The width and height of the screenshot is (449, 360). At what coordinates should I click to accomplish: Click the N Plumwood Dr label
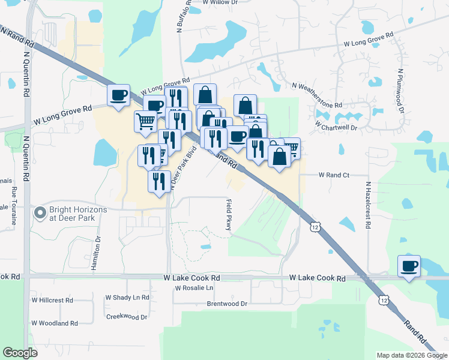pos(398,91)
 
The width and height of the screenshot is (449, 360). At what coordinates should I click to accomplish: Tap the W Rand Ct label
pos(333,175)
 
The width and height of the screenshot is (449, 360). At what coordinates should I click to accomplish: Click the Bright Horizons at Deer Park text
pos(79,214)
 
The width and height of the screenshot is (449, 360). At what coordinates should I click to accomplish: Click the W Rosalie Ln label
pos(194,288)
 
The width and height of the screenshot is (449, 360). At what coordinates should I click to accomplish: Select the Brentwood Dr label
pos(227,304)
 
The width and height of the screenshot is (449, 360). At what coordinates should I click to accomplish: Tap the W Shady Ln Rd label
pos(127,297)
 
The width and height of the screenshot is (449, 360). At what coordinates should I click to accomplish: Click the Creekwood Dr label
pos(126,316)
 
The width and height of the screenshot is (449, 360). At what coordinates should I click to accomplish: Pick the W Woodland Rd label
pos(55,323)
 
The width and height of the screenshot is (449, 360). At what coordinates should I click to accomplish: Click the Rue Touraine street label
pos(13,205)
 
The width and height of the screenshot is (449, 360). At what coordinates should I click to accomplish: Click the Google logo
pos(20,353)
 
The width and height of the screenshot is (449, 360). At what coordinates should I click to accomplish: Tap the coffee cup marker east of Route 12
pos(409,266)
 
